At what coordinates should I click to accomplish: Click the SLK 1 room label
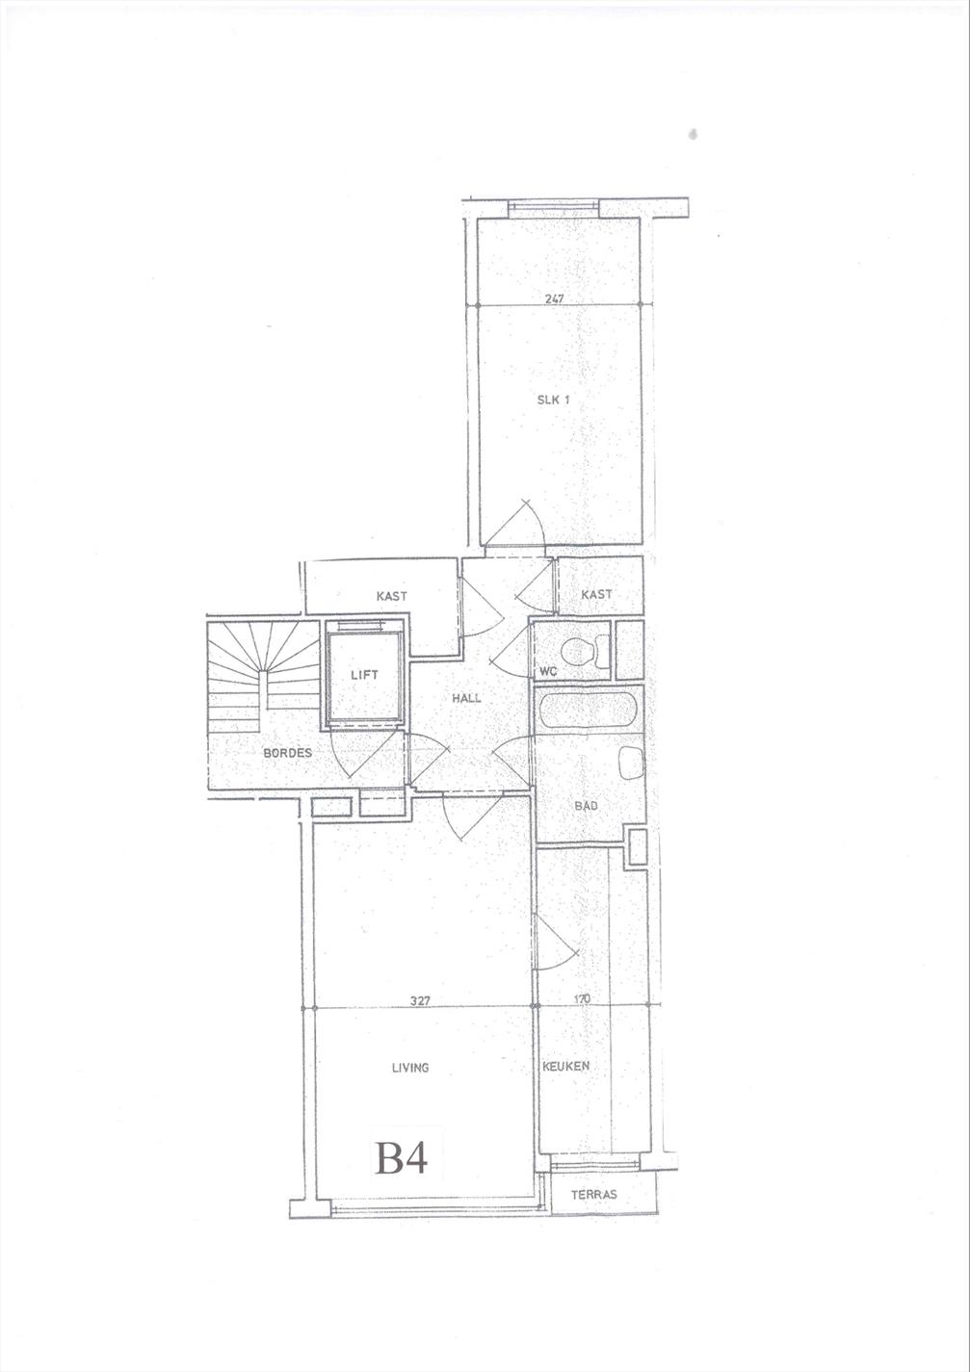click(x=553, y=401)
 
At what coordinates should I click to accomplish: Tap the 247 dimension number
click(x=554, y=298)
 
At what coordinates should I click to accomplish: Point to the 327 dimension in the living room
click(x=420, y=1000)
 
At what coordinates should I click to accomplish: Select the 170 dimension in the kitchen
click(x=582, y=999)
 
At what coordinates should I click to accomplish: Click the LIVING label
click(x=410, y=1068)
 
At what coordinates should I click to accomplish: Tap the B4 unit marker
click(x=401, y=1155)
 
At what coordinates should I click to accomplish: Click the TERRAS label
click(x=593, y=1195)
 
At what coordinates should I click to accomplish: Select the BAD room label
click(x=586, y=806)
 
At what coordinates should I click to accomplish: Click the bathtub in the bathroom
click(x=589, y=712)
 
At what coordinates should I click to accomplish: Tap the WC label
click(x=548, y=672)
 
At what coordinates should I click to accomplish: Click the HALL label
click(x=466, y=698)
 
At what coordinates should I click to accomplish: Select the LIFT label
click(x=364, y=675)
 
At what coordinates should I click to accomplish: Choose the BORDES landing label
click(x=287, y=753)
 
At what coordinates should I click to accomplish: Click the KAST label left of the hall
click(x=391, y=596)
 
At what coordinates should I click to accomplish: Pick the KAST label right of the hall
click(x=596, y=594)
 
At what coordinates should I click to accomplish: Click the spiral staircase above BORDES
click(x=264, y=676)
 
